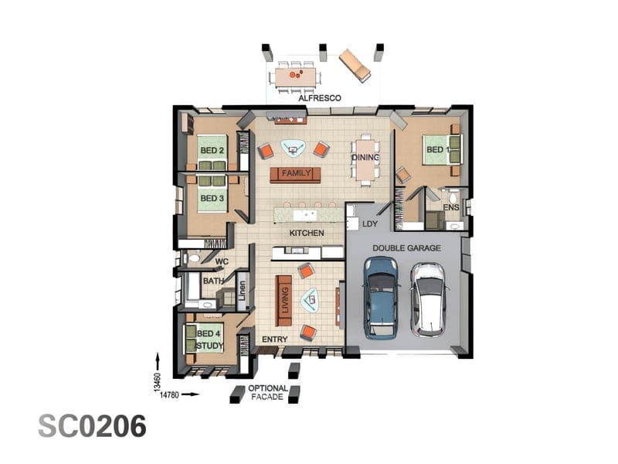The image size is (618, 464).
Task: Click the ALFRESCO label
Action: pyautogui.click(x=320, y=98)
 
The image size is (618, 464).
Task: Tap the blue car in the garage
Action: pyautogui.click(x=381, y=298)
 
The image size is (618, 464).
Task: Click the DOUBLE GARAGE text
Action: pyautogui.click(x=407, y=248)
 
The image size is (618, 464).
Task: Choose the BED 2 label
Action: pyautogui.click(x=212, y=150)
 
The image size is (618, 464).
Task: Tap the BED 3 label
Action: pyautogui.click(x=212, y=198)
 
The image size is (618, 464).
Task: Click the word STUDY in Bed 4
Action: pyautogui.click(x=209, y=346)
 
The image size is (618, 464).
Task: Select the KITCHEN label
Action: pyautogui.click(x=307, y=234)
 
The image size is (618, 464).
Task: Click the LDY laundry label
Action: pyautogui.click(x=370, y=223)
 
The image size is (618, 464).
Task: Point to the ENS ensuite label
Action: pyautogui.click(x=451, y=207)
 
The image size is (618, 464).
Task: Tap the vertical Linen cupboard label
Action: pyautogui.click(x=242, y=291)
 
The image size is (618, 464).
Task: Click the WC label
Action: pyautogui.click(x=222, y=261)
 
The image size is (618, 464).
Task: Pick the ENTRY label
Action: pyautogui.click(x=275, y=339)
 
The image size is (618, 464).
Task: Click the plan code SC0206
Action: pyautogui.click(x=92, y=426)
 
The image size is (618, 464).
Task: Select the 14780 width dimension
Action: pyautogui.click(x=169, y=394)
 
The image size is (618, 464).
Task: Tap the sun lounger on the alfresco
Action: pyautogui.click(x=355, y=66)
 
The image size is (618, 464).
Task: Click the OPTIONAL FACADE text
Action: pyautogui.click(x=268, y=393)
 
